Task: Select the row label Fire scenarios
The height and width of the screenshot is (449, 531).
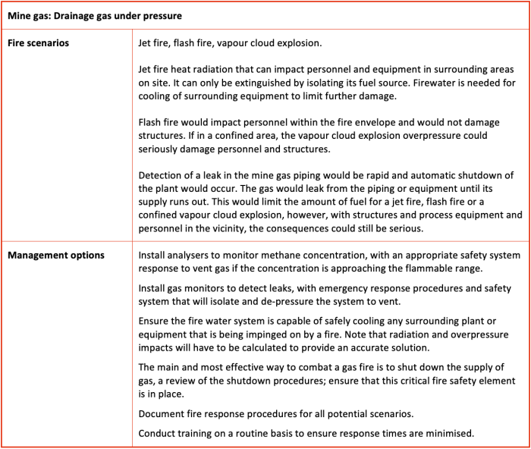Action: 38,43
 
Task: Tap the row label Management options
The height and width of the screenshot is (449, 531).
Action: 55,256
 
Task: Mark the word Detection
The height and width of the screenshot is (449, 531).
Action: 162,176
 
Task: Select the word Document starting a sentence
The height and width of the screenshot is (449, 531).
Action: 162,414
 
